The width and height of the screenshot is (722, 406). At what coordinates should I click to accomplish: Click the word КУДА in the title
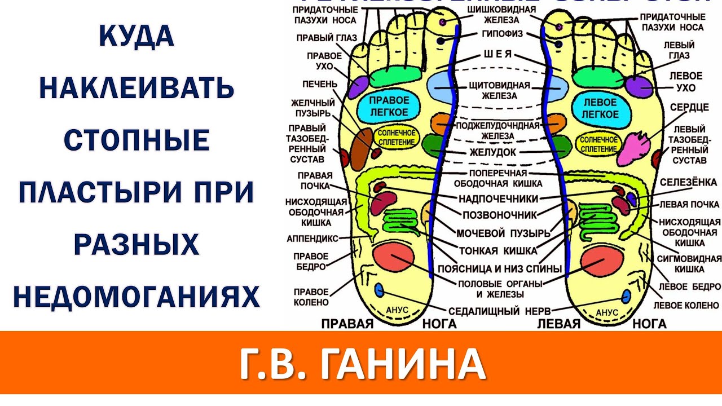coord(136,37)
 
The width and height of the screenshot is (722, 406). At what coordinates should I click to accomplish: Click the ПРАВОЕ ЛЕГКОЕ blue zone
coord(389,106)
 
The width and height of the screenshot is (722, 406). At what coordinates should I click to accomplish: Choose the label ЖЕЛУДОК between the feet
coord(497,152)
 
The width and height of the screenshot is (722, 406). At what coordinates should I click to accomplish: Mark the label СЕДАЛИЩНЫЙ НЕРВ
coord(500,311)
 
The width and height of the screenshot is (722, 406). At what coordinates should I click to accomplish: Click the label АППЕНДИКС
coord(312,239)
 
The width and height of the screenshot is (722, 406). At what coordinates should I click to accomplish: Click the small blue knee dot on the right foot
coord(379,290)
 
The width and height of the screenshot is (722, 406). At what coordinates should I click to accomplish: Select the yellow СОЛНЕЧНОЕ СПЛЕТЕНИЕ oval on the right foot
coord(397,136)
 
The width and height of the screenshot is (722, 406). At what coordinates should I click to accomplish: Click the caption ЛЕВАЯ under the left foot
coord(559,324)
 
